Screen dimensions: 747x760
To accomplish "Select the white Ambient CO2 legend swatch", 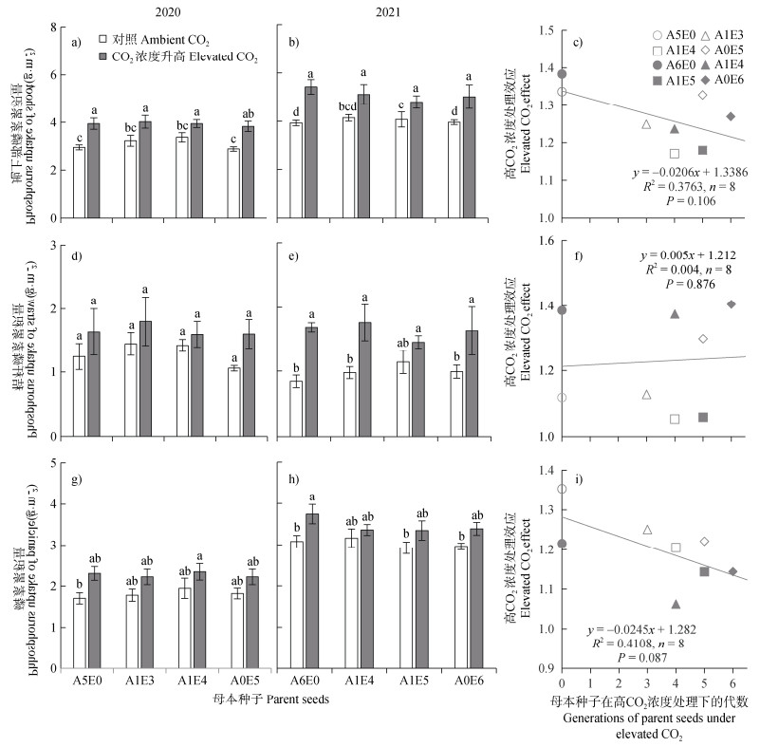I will click(x=90, y=40).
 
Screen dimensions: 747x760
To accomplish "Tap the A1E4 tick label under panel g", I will click(x=193, y=654).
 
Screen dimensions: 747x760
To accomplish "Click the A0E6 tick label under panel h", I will click(x=470, y=654).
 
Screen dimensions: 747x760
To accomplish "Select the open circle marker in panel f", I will click(x=562, y=398).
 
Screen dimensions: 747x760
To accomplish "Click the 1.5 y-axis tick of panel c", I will click(x=544, y=31).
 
